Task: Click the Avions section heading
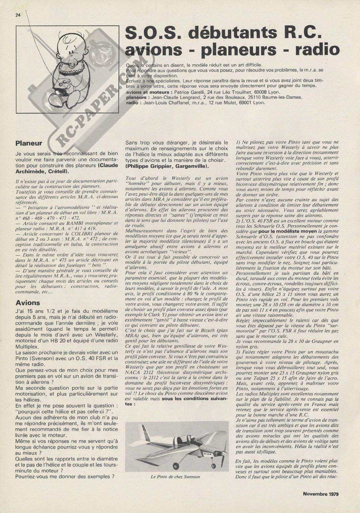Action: click(x=28, y=302)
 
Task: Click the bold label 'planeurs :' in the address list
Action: click(x=139, y=97)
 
